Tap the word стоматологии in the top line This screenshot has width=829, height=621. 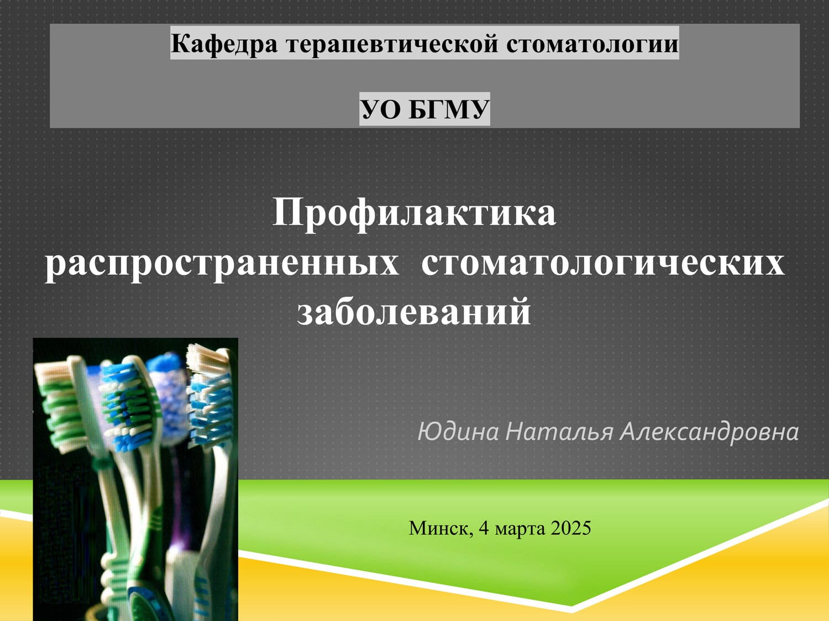click(591, 44)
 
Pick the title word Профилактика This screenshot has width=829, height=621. click(414, 214)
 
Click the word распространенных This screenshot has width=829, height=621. click(222, 263)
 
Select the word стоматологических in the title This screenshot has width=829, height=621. click(603, 263)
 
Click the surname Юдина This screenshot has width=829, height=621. click(458, 432)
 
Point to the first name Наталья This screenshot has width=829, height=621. click(559, 432)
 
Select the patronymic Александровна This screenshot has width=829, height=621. click(709, 432)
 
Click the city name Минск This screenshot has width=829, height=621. click(440, 529)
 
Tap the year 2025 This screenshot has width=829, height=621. click(570, 528)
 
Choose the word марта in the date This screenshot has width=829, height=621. click(520, 529)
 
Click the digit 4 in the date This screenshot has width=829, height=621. click(484, 528)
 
